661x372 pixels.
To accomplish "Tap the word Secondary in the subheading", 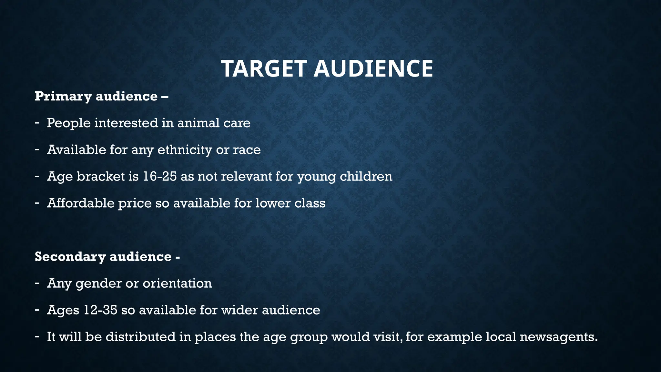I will click(x=70, y=256).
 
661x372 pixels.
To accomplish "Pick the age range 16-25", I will click(x=159, y=176).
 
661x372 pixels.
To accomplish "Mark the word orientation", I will click(x=177, y=283).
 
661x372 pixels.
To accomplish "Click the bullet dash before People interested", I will click(x=37, y=123).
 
